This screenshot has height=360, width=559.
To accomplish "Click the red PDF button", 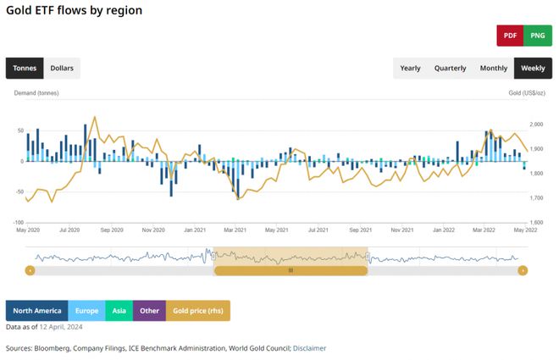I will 510,36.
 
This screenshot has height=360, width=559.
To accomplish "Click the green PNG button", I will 537,36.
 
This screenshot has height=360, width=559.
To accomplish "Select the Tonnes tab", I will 25,68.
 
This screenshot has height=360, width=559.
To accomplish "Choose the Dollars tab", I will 62,68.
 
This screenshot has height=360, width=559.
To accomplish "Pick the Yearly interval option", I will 410,68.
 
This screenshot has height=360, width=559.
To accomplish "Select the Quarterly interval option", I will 450,68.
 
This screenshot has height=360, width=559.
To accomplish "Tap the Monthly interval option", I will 494,68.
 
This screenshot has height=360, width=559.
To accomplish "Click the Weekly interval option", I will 533,68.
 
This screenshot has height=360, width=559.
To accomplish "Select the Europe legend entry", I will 86,310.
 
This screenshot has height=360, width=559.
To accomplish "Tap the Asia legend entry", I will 119,310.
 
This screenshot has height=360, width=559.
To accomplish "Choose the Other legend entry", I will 149,310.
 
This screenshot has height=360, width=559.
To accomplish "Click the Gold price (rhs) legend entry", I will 197,310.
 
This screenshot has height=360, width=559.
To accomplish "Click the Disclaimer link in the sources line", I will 309,348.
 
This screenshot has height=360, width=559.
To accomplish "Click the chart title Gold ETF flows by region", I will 74,10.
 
